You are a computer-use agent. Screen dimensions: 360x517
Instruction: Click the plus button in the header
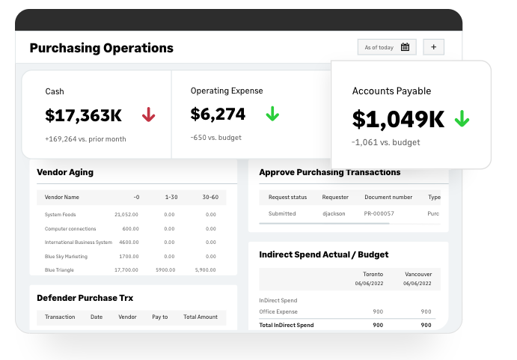pos(434,47)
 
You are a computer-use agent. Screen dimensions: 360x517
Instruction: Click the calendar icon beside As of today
pos(405,47)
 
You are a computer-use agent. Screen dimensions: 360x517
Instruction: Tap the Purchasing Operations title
pos(101,48)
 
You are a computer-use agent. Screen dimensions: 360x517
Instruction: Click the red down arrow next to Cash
pos(148,115)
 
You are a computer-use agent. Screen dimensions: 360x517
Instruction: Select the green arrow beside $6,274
pos(272,114)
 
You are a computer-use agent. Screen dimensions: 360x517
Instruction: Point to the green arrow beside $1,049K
pos(462,118)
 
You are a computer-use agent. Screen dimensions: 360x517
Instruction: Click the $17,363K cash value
pos(83,115)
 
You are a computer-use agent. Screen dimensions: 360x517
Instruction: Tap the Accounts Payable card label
pos(391,91)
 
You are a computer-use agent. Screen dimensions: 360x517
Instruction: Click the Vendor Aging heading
pos(65,172)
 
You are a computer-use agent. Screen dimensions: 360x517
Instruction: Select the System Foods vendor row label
pos(60,214)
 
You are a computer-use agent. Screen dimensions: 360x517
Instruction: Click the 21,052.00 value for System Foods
pos(126,214)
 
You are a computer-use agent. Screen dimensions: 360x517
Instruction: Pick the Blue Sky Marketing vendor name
pos(66,256)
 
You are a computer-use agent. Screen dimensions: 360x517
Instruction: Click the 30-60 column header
pos(210,197)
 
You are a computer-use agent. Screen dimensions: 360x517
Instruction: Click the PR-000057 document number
pos(379,213)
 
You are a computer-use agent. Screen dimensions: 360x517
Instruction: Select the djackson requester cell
pos(334,213)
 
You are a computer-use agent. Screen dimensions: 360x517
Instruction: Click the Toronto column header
pos(373,275)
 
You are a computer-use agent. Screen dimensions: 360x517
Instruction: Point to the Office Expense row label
pos(278,311)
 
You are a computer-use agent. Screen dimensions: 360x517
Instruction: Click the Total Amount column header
pos(201,317)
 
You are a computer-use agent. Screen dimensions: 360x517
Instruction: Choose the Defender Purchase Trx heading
pos(85,298)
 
